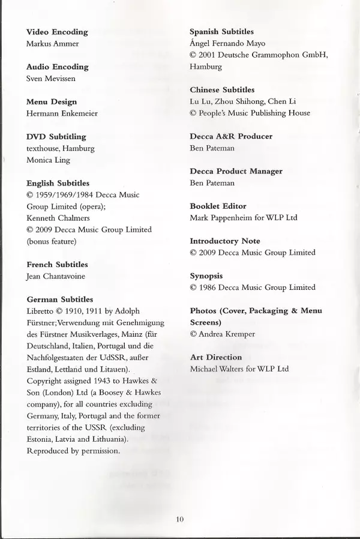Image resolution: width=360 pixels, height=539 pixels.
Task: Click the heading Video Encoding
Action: (x=57, y=32)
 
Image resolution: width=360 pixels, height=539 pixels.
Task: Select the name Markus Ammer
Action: (x=53, y=44)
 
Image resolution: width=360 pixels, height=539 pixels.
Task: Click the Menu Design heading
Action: (x=52, y=101)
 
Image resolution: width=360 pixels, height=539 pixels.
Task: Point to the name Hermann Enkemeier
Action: (x=61, y=113)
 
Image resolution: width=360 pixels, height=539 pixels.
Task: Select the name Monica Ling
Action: (x=47, y=160)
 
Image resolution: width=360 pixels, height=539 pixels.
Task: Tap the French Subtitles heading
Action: (x=57, y=264)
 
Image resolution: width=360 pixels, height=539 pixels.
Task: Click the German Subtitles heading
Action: (x=59, y=299)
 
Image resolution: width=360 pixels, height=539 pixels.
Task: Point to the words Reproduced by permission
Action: (x=73, y=450)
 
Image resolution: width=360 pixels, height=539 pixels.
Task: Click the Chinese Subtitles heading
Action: (x=222, y=90)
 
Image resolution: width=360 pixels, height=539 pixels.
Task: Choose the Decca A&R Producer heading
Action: (x=231, y=136)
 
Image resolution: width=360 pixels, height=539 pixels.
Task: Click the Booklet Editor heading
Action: (x=218, y=206)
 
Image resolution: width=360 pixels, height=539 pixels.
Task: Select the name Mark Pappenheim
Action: (x=224, y=218)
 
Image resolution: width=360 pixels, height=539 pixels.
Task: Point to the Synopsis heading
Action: (x=206, y=276)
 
